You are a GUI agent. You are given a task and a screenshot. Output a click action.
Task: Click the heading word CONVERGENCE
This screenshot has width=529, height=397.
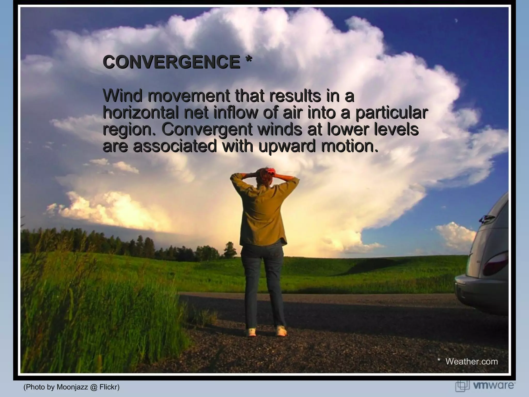point(171,62)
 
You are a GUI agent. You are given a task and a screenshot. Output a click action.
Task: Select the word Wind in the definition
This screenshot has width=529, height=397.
point(123,96)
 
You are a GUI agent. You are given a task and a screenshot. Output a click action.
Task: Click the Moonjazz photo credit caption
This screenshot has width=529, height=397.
point(72,387)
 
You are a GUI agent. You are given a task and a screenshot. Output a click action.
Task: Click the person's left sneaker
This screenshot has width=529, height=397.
point(251,332)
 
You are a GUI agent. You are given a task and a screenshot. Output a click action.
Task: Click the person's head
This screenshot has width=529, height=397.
point(264,176)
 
